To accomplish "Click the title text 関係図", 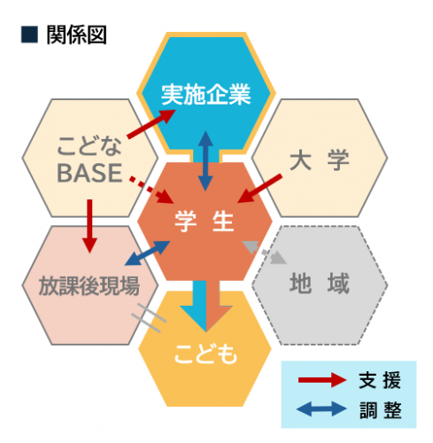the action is click(x=76, y=35).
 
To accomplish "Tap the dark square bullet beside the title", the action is click(x=29, y=35).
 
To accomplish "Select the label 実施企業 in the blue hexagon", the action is click(x=205, y=95).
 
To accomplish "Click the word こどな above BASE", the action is click(x=89, y=146).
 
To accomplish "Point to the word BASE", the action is click(x=89, y=173).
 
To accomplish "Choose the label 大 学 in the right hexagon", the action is click(x=320, y=160).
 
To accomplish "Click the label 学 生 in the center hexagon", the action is click(x=205, y=221).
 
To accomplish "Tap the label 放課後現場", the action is click(x=89, y=285).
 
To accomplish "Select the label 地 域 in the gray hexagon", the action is click(x=320, y=284).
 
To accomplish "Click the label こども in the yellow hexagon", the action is click(x=205, y=354).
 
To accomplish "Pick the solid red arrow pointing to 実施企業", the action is click(x=151, y=124).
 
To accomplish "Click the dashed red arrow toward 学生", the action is click(x=151, y=190).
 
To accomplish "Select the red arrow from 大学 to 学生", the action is click(x=259, y=189).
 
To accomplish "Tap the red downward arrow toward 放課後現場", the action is click(x=89, y=226).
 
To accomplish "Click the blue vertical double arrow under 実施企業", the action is click(x=205, y=160).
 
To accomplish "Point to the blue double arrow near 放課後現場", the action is click(x=147, y=253).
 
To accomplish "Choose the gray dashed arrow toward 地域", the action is click(x=265, y=252).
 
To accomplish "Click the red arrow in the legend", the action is click(x=322, y=380).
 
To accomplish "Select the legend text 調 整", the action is click(x=381, y=410).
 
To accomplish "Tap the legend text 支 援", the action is click(x=380, y=380).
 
